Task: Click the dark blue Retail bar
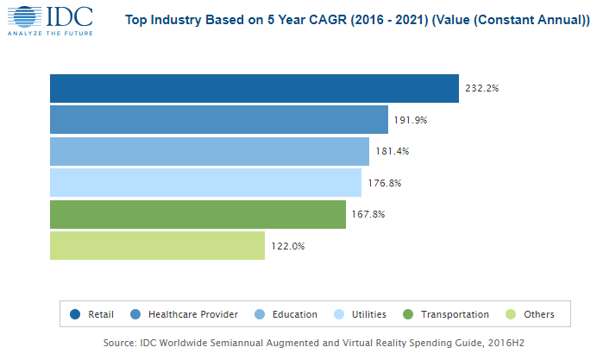(x=254, y=88)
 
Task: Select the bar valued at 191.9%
(x=218, y=120)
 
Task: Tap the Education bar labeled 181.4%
(x=209, y=151)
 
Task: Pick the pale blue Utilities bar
(x=205, y=182)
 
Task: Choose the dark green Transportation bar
(x=198, y=214)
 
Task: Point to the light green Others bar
(x=157, y=245)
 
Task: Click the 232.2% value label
(x=481, y=89)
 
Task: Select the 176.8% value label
(x=384, y=183)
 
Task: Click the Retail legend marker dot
(x=75, y=314)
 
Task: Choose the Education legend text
(x=294, y=314)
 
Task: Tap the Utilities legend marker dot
(x=337, y=314)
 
